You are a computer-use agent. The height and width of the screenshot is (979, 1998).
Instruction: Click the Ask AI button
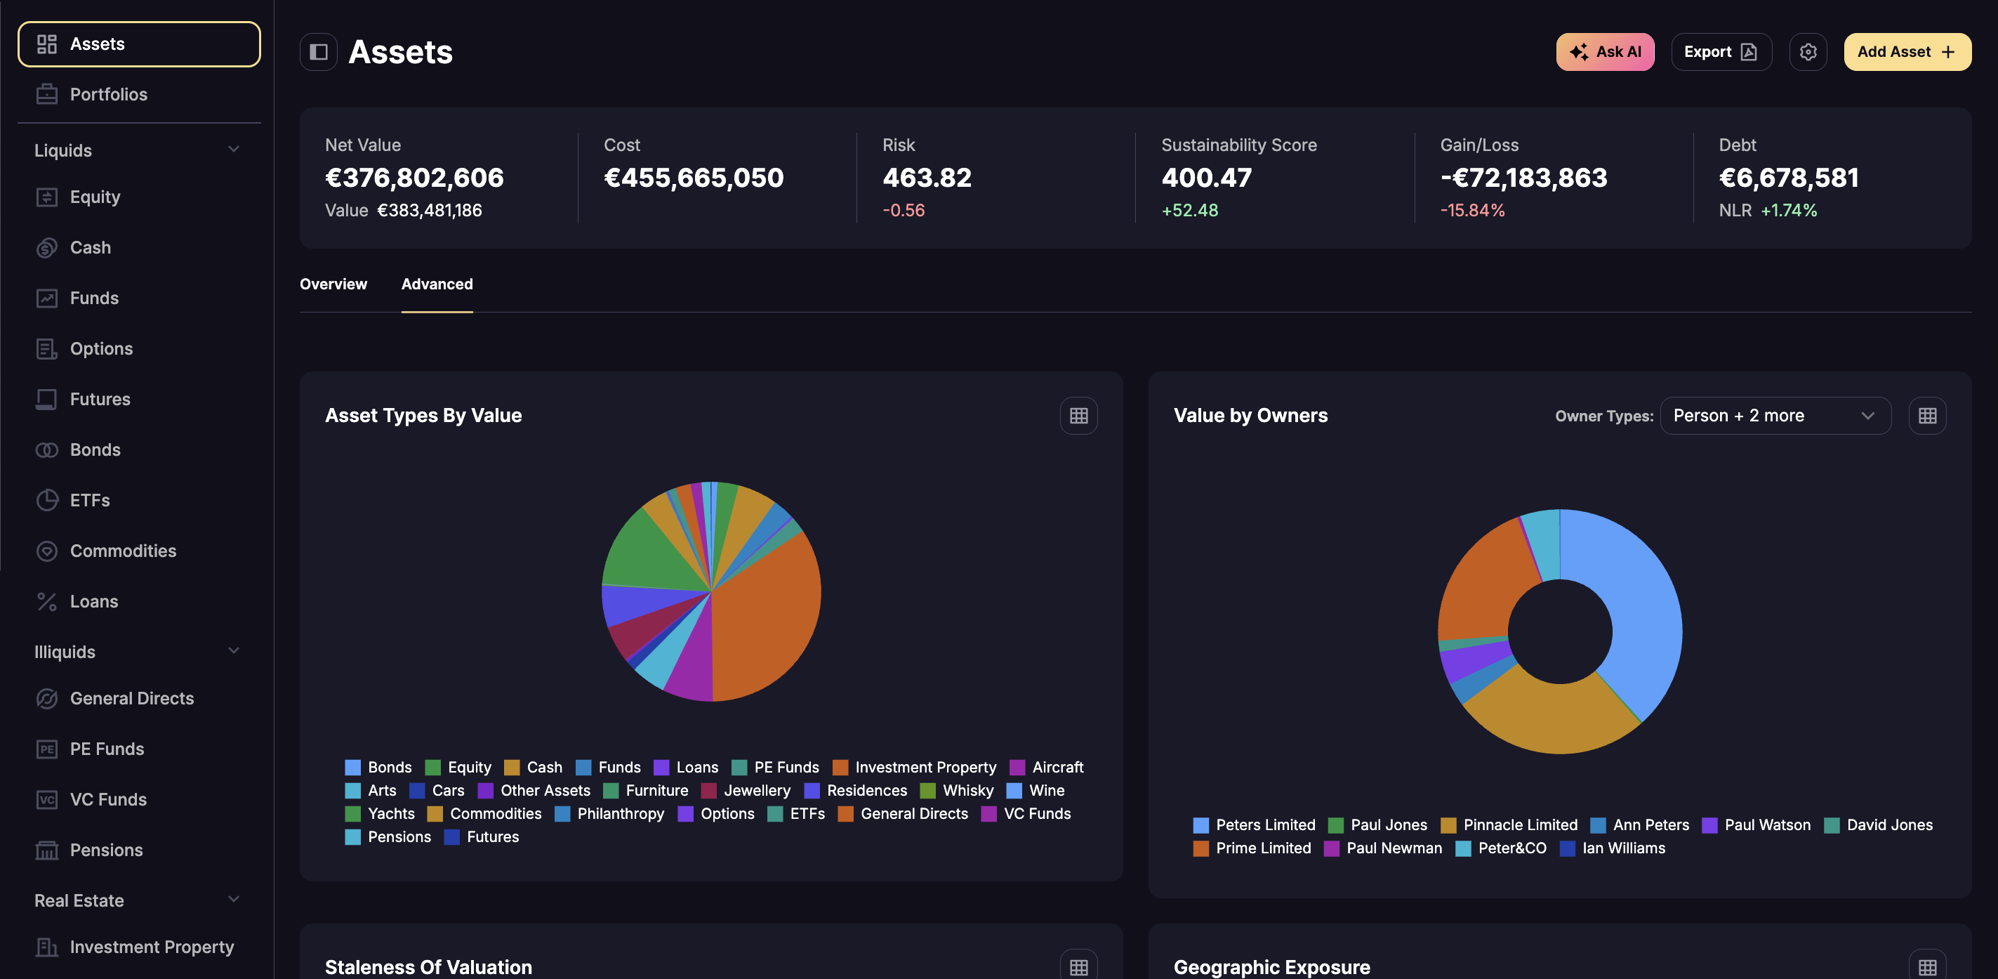pyautogui.click(x=1604, y=52)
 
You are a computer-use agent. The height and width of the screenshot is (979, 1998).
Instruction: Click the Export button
pyautogui.click(x=1720, y=52)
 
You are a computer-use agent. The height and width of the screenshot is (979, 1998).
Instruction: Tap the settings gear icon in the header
pyautogui.click(x=1807, y=52)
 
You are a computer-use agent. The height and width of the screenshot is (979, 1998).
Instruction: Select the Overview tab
pyautogui.click(x=333, y=284)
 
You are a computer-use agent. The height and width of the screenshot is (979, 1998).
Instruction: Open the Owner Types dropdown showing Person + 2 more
pyautogui.click(x=1775, y=416)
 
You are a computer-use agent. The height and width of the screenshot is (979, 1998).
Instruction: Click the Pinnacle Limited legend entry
pyautogui.click(x=1509, y=824)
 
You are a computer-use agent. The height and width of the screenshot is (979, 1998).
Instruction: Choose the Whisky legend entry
pyautogui.click(x=956, y=791)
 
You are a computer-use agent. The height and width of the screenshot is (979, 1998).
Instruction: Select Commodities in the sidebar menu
pyautogui.click(x=123, y=551)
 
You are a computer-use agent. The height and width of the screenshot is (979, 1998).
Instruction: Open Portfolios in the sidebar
pyautogui.click(x=108, y=95)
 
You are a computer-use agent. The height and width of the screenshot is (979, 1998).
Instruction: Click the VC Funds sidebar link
pyautogui.click(x=108, y=800)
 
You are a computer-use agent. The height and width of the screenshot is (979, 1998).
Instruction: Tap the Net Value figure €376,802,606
pyautogui.click(x=414, y=178)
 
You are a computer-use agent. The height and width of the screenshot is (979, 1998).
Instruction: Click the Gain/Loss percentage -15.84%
pyautogui.click(x=1471, y=210)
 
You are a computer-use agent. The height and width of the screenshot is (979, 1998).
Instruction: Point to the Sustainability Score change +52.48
pyautogui.click(x=1189, y=210)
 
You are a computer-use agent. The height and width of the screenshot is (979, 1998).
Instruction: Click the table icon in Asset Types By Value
pyautogui.click(x=1078, y=416)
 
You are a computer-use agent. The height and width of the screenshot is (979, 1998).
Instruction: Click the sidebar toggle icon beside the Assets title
pyautogui.click(x=318, y=52)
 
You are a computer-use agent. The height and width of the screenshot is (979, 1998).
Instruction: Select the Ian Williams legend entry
pyautogui.click(x=1613, y=848)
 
